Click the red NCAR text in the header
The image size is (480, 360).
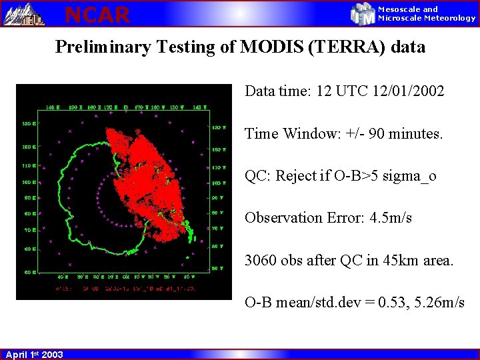(97, 13)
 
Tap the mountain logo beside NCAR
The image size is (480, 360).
(25, 13)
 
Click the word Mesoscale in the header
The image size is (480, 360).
(399, 9)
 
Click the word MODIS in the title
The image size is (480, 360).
(272, 47)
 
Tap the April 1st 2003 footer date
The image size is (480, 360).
(34, 355)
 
